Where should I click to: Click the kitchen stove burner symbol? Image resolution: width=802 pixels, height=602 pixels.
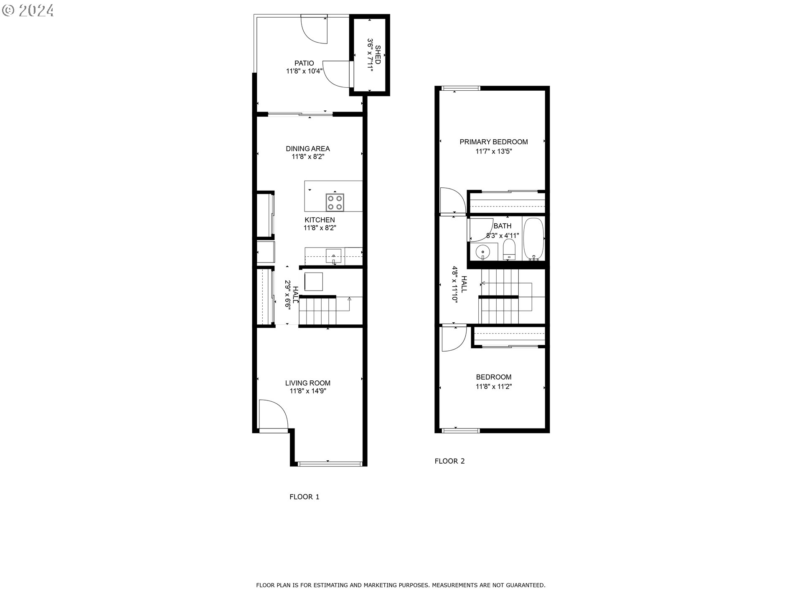click(x=335, y=202)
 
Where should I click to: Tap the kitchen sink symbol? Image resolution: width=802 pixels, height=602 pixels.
click(x=334, y=256)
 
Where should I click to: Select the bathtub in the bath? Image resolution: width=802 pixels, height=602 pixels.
click(x=534, y=239)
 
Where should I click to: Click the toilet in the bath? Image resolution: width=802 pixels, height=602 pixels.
click(x=509, y=250)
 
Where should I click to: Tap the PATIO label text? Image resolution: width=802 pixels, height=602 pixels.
click(x=304, y=64)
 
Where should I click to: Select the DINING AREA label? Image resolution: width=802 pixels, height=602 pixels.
click(x=308, y=149)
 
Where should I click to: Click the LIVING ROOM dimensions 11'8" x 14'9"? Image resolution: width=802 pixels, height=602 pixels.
click(x=308, y=391)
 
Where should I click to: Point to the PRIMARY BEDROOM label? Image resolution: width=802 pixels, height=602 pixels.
click(x=494, y=142)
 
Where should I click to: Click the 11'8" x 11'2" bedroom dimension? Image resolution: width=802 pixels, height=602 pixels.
click(x=494, y=387)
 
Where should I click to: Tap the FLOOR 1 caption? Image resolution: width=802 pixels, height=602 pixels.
click(x=305, y=497)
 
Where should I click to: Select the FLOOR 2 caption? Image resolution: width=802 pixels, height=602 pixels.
click(x=449, y=461)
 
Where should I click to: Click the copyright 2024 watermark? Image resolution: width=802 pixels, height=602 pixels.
click(x=28, y=10)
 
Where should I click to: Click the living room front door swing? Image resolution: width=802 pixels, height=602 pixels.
click(x=273, y=414)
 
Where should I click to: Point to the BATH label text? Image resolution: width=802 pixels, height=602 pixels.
click(x=502, y=226)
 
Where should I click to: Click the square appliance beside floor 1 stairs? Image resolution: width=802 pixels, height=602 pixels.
click(x=313, y=281)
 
